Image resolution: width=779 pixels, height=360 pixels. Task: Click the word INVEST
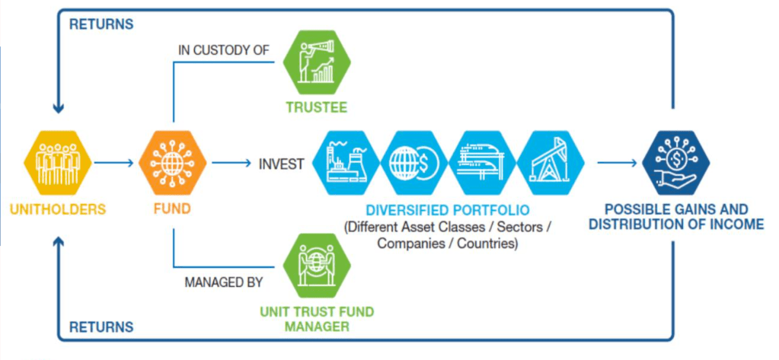[x=282, y=164]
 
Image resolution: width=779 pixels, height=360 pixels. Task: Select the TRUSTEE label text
[x=316, y=107]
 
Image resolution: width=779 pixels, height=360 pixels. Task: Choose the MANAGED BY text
[x=223, y=283]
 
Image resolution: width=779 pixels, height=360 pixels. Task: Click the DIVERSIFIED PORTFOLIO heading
[x=448, y=210]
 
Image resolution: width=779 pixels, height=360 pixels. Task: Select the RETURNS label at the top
[x=101, y=24]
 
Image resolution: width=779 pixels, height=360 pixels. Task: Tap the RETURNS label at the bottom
[x=101, y=328]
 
